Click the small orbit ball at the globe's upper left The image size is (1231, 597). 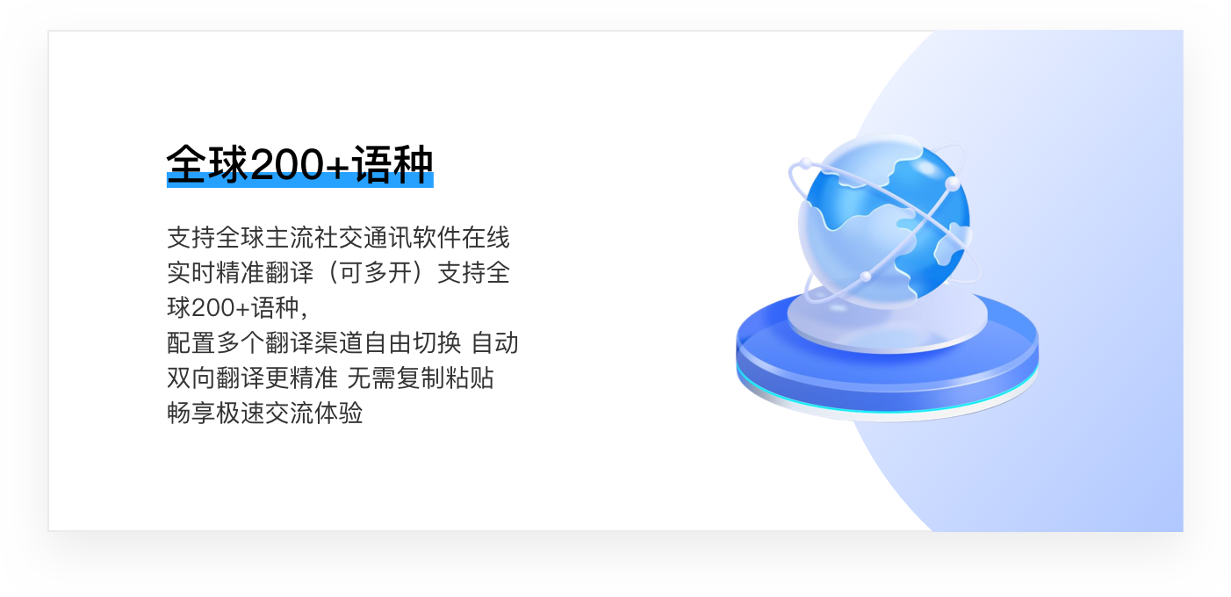point(804,164)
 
